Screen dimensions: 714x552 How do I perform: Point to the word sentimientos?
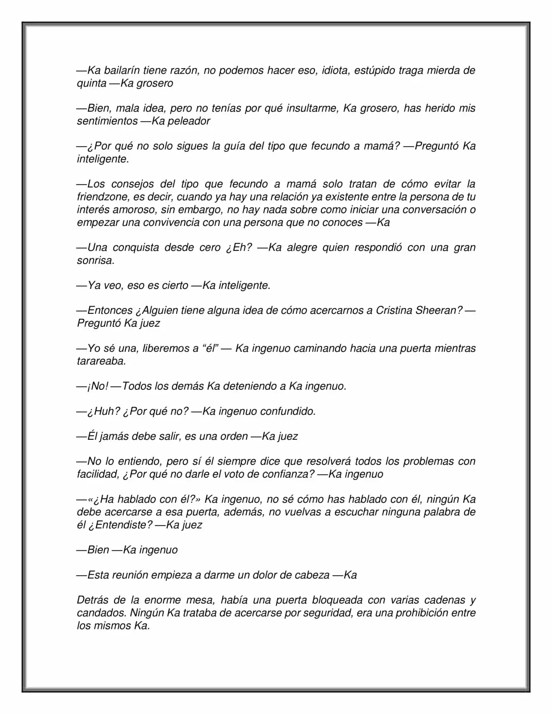107,121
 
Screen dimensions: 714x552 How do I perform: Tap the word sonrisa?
95,260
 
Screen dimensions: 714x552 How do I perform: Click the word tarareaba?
101,361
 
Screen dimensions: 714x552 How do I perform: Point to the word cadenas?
446,600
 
